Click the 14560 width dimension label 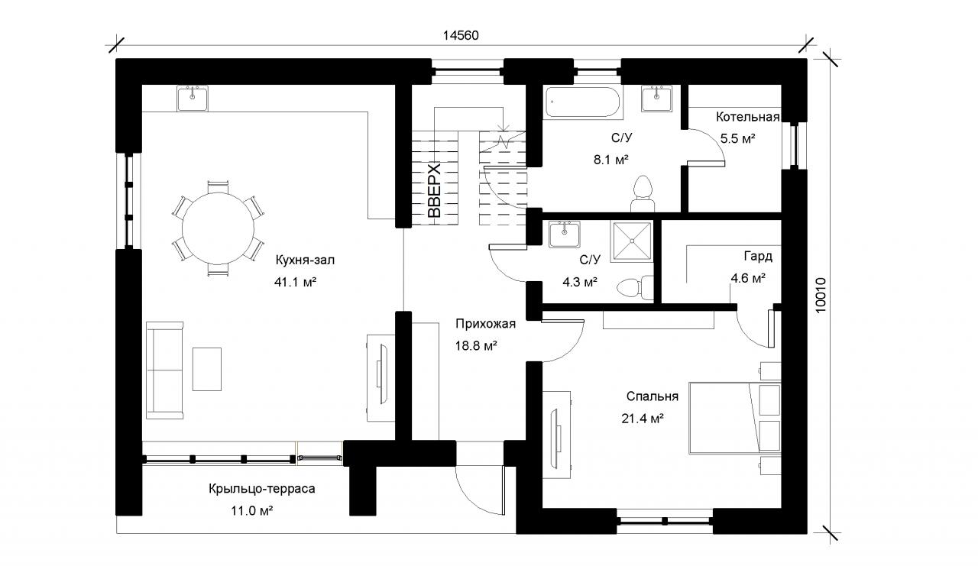pyautogui.click(x=461, y=35)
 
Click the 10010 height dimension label pyautogui.click(x=821, y=296)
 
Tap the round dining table pyautogui.click(x=218, y=228)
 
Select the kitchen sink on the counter pyautogui.click(x=193, y=99)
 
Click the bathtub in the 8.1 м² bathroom pyautogui.click(x=583, y=102)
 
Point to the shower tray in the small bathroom pyautogui.click(x=631, y=241)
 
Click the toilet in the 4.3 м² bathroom pyautogui.click(x=634, y=287)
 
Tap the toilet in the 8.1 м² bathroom pyautogui.click(x=643, y=194)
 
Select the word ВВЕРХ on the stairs pyautogui.click(x=435, y=191)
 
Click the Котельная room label pyautogui.click(x=747, y=117)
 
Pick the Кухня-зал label pyautogui.click(x=305, y=260)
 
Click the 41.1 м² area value pyautogui.click(x=295, y=283)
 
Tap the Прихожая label pyautogui.click(x=485, y=324)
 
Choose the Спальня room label pyautogui.click(x=653, y=396)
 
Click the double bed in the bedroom pyautogui.click(x=735, y=418)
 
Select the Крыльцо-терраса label pyautogui.click(x=262, y=489)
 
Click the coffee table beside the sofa pyautogui.click(x=207, y=369)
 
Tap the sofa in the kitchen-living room pyautogui.click(x=164, y=370)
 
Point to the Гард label pyautogui.click(x=758, y=256)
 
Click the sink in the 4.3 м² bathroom pyautogui.click(x=565, y=234)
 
